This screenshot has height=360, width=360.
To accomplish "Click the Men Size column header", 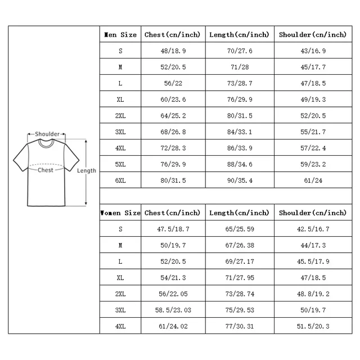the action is coord(120,35).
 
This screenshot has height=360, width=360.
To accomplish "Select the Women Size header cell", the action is coord(120,213).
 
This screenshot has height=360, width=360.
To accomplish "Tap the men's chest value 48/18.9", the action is coord(172,51).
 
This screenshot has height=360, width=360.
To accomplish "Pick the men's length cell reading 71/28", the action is coord(240,67).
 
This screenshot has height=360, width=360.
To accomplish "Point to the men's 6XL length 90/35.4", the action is coord(240,181).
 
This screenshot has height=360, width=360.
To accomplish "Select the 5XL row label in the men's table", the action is coord(120,164).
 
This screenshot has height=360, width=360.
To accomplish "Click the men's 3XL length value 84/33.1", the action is coord(240,132).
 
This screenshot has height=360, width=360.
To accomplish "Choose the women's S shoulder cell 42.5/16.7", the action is coord(313,229).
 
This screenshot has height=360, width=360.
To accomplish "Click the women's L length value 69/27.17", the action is coord(240,262).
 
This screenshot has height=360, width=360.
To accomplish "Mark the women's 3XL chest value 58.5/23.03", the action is coord(172,310).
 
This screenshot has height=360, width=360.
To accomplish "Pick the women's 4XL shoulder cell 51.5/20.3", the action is coord(313,326).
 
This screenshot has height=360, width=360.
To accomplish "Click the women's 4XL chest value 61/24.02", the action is coord(172,326).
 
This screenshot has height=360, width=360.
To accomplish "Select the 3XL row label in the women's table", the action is coord(120,310).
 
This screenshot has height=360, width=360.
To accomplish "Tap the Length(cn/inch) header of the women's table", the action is coord(240,213).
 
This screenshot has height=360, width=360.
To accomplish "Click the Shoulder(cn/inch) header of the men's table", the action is coord(313,35).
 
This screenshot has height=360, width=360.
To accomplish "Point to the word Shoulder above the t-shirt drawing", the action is coord(47,134).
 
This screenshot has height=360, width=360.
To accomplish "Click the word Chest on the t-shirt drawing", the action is coord(46,170).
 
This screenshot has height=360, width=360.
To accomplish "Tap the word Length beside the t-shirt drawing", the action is coord(87,170).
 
